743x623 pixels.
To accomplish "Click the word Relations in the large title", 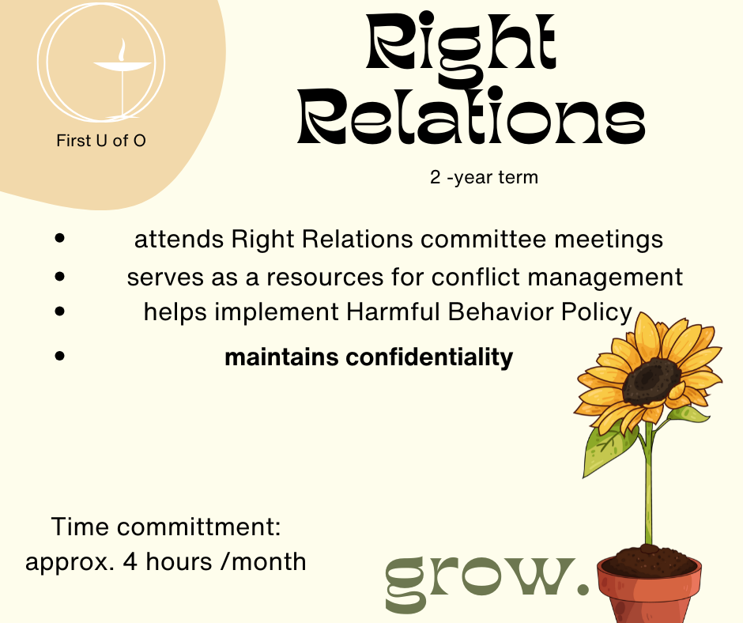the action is [471, 115].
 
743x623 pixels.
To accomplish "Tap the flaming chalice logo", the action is [101, 62].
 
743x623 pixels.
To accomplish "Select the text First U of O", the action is [101, 141].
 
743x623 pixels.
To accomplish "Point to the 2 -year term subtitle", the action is [484, 177].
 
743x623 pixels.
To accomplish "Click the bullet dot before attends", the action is [60, 238].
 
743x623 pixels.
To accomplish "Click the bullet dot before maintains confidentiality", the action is [60, 356].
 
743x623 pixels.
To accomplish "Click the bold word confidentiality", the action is [429, 357].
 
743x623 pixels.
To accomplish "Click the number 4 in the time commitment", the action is [130, 561].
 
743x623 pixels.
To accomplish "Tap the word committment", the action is [199, 527].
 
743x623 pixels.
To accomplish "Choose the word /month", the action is [263, 561].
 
